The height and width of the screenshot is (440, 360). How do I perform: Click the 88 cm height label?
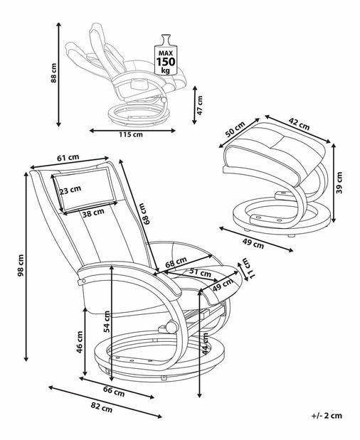[53, 73]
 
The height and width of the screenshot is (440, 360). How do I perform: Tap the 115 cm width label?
[131, 134]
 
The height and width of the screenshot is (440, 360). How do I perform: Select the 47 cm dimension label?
[199, 105]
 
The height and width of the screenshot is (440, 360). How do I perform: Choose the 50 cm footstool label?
[235, 129]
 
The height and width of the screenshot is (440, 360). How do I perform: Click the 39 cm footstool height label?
[339, 183]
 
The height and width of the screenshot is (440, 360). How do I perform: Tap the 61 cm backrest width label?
[68, 158]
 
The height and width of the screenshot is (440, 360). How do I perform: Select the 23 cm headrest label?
[70, 190]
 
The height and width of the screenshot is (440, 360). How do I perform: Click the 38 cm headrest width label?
[93, 213]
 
